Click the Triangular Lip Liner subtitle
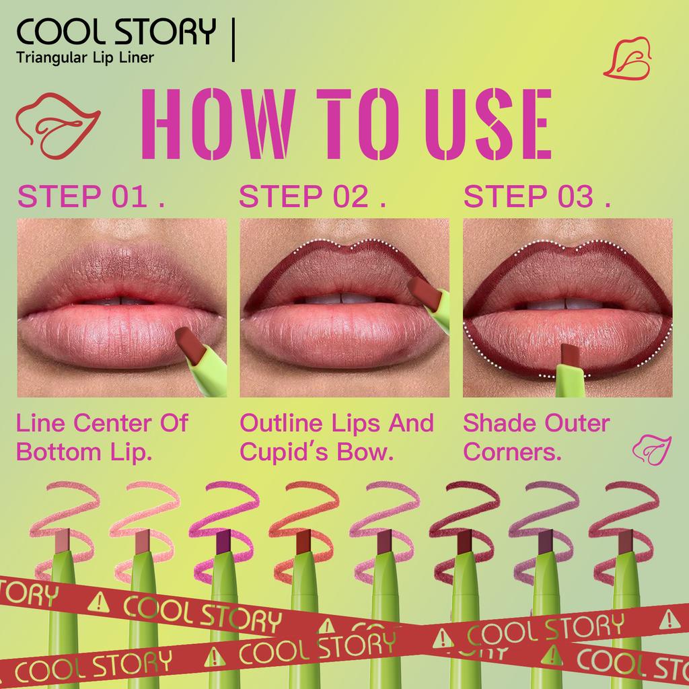[x=85, y=58]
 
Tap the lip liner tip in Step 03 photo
[x=569, y=355]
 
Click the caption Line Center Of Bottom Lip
[x=102, y=437]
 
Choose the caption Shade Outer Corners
[x=536, y=437]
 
